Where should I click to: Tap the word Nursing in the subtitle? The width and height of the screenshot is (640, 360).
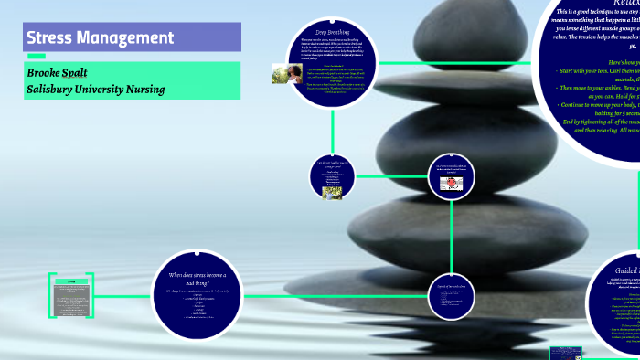click(x=142, y=89)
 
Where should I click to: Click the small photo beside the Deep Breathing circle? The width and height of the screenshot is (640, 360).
click(x=283, y=73)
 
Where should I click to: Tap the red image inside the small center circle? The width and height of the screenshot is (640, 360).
click(x=450, y=183)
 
